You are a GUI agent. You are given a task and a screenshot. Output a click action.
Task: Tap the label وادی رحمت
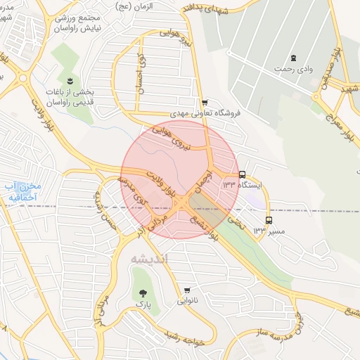(x=295, y=68)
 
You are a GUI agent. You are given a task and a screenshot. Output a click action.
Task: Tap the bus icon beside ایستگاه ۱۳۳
(x=243, y=174)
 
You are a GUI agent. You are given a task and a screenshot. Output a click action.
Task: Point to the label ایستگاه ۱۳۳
(x=242, y=185)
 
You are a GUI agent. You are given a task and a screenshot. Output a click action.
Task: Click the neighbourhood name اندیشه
(x=150, y=259)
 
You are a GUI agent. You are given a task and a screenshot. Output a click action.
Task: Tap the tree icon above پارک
(x=143, y=292)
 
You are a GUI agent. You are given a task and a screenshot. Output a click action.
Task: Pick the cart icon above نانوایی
(x=187, y=290)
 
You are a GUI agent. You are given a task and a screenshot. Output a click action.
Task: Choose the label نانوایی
(x=187, y=301)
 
